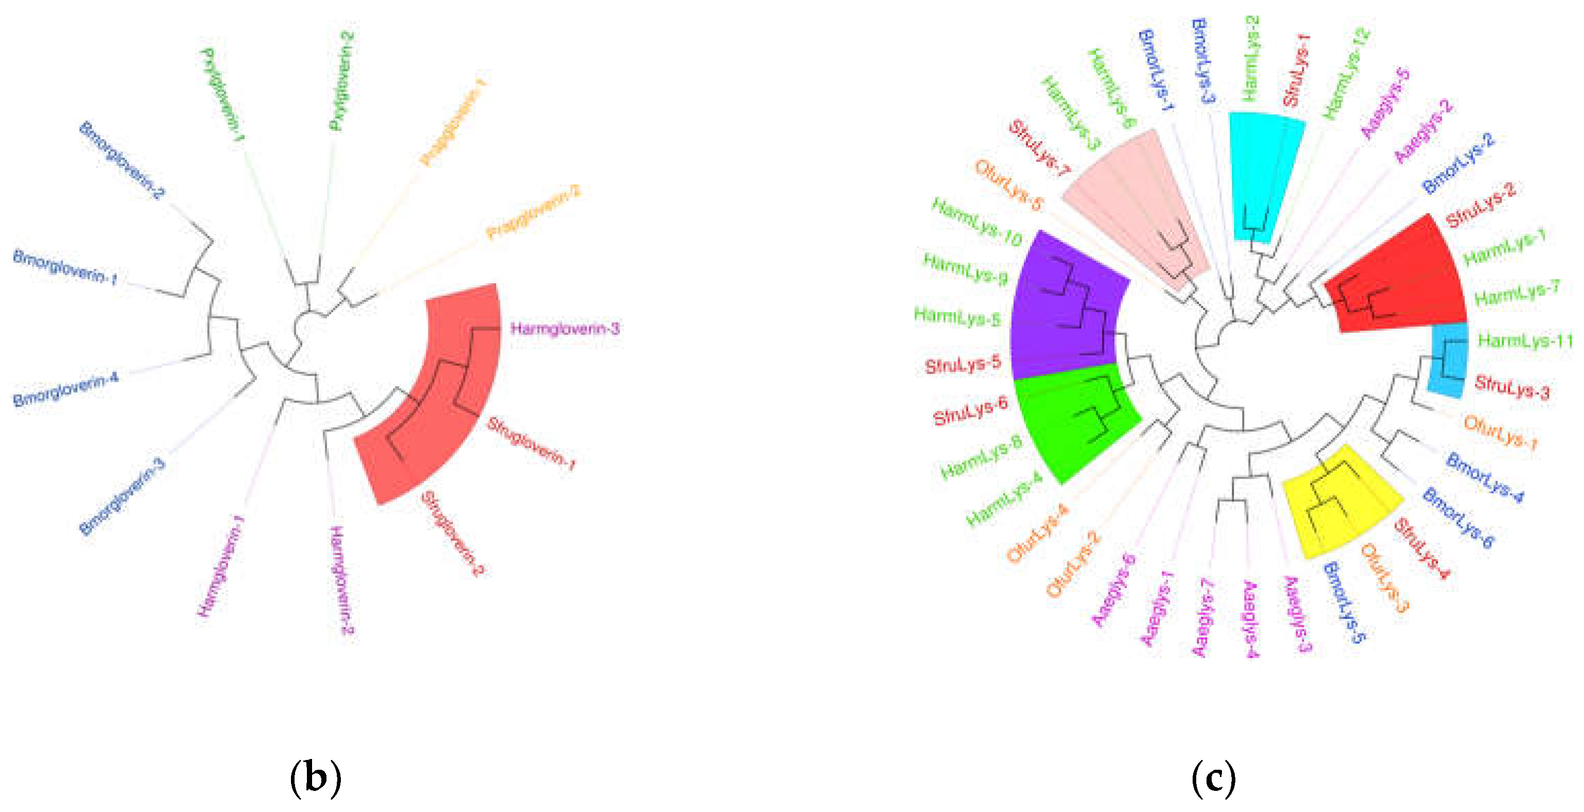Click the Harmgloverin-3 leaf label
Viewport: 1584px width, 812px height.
click(x=564, y=329)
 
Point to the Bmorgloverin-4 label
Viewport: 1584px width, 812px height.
click(x=65, y=389)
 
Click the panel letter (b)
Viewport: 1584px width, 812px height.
click(x=315, y=778)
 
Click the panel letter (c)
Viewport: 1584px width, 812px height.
click(x=1213, y=778)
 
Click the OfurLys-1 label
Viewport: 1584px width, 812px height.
click(x=1499, y=432)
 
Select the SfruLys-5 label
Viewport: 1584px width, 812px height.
click(x=962, y=365)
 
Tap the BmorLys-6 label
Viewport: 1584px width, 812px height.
click(x=1457, y=517)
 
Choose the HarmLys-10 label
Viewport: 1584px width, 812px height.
click(x=976, y=222)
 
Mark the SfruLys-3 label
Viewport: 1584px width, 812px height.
click(x=1511, y=386)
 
